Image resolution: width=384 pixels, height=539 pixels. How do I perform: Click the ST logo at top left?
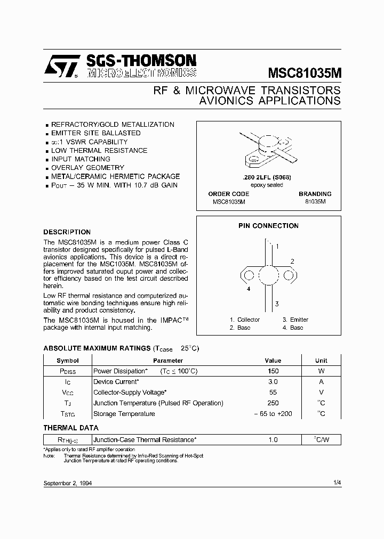point(61,68)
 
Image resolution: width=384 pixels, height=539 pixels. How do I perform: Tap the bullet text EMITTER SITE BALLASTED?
point(95,133)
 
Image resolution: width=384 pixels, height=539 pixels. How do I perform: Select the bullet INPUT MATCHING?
point(81,159)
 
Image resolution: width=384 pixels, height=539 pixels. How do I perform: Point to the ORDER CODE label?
point(228,194)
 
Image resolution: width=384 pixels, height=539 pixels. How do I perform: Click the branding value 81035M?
point(315,202)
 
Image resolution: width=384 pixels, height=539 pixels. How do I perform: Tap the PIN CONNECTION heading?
point(268,226)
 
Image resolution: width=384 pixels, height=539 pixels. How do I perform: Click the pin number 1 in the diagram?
point(277,247)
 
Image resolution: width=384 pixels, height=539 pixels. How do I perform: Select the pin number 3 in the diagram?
point(276,304)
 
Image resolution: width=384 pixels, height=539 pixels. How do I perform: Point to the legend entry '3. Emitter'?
point(295,320)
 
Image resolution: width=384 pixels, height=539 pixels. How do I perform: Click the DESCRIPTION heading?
point(67,232)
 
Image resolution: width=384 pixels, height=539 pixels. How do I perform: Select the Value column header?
point(273,361)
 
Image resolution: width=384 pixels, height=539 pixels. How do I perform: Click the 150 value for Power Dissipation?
point(273,371)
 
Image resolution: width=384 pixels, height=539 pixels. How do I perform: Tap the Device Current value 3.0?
point(273,382)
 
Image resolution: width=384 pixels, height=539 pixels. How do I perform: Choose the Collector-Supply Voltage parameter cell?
point(130,393)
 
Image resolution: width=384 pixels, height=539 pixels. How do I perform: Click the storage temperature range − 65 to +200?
point(273,414)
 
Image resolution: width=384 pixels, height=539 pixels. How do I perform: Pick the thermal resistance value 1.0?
point(273,440)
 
